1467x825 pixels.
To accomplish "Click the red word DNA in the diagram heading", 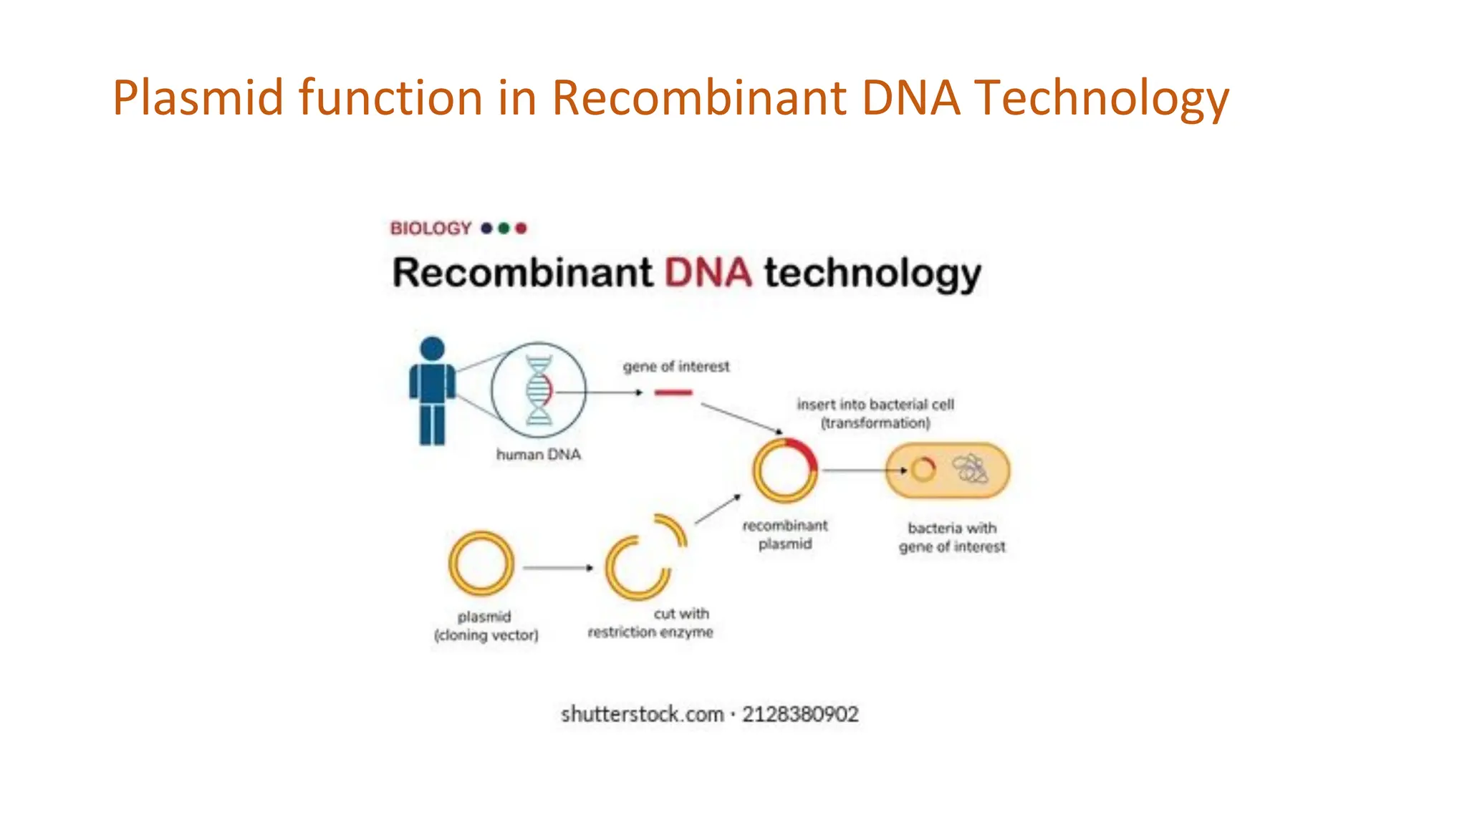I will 708,274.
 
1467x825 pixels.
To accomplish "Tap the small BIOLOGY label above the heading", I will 431,228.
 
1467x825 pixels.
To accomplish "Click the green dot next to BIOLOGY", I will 504,228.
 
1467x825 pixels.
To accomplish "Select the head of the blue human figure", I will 432,349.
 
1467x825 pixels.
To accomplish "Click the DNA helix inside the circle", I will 539,390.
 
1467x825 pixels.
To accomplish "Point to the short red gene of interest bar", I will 673,392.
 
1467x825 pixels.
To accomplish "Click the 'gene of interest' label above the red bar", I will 676,367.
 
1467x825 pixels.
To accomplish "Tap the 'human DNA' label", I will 539,455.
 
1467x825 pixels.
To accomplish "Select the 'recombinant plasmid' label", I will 785,534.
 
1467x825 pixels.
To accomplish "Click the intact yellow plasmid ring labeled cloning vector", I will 481,564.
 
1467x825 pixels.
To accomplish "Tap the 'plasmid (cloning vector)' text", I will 486,626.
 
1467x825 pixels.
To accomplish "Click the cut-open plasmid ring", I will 638,566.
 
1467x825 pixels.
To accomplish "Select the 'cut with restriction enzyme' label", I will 651,623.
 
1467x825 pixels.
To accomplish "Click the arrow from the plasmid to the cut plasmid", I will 557,568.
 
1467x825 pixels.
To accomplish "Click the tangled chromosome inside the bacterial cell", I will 970,470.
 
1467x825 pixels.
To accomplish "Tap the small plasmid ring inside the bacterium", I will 923,470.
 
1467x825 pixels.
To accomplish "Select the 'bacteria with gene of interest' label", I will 952,537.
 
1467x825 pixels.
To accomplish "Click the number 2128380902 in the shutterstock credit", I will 800,715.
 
